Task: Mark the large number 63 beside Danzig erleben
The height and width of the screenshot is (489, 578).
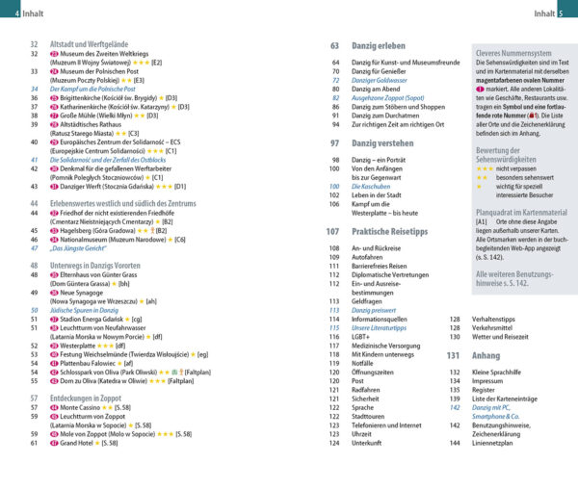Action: [336, 45]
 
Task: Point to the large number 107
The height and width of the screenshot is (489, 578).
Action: [333, 232]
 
